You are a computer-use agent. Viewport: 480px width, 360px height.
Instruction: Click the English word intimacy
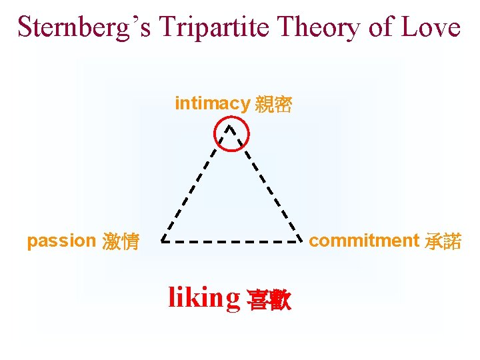(x=212, y=103)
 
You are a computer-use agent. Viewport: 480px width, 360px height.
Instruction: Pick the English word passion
(x=61, y=241)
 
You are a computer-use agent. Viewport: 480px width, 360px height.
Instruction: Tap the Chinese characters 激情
(x=121, y=241)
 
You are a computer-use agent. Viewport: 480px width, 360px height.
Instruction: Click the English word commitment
(x=364, y=241)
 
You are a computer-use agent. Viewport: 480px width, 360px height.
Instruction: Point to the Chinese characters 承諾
(x=443, y=241)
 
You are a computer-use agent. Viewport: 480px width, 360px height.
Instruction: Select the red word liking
(x=204, y=297)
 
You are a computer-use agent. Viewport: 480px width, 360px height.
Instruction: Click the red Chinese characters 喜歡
(x=269, y=299)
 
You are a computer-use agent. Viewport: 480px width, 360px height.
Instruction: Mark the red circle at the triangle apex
(x=231, y=135)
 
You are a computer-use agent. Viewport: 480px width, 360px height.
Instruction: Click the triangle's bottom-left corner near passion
(x=162, y=240)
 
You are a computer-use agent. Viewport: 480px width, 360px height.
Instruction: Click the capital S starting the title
(x=25, y=27)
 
